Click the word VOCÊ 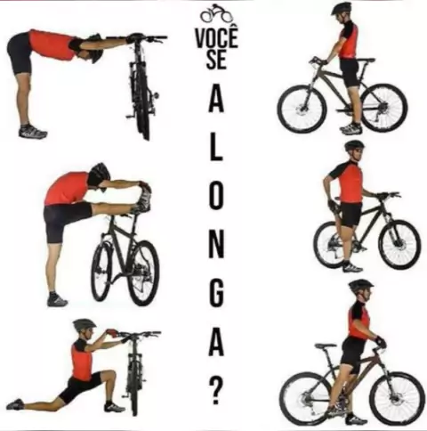217,38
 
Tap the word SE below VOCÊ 216,60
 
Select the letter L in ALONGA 216,150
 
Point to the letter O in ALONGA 215,198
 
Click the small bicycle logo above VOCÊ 216,13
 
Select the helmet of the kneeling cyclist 85,324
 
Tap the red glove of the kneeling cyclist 111,333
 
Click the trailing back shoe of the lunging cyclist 15,404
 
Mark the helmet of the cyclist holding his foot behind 354,145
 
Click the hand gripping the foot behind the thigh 332,205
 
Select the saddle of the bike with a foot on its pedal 326,346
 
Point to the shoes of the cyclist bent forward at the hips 33,131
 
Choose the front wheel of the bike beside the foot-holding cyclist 399,244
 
